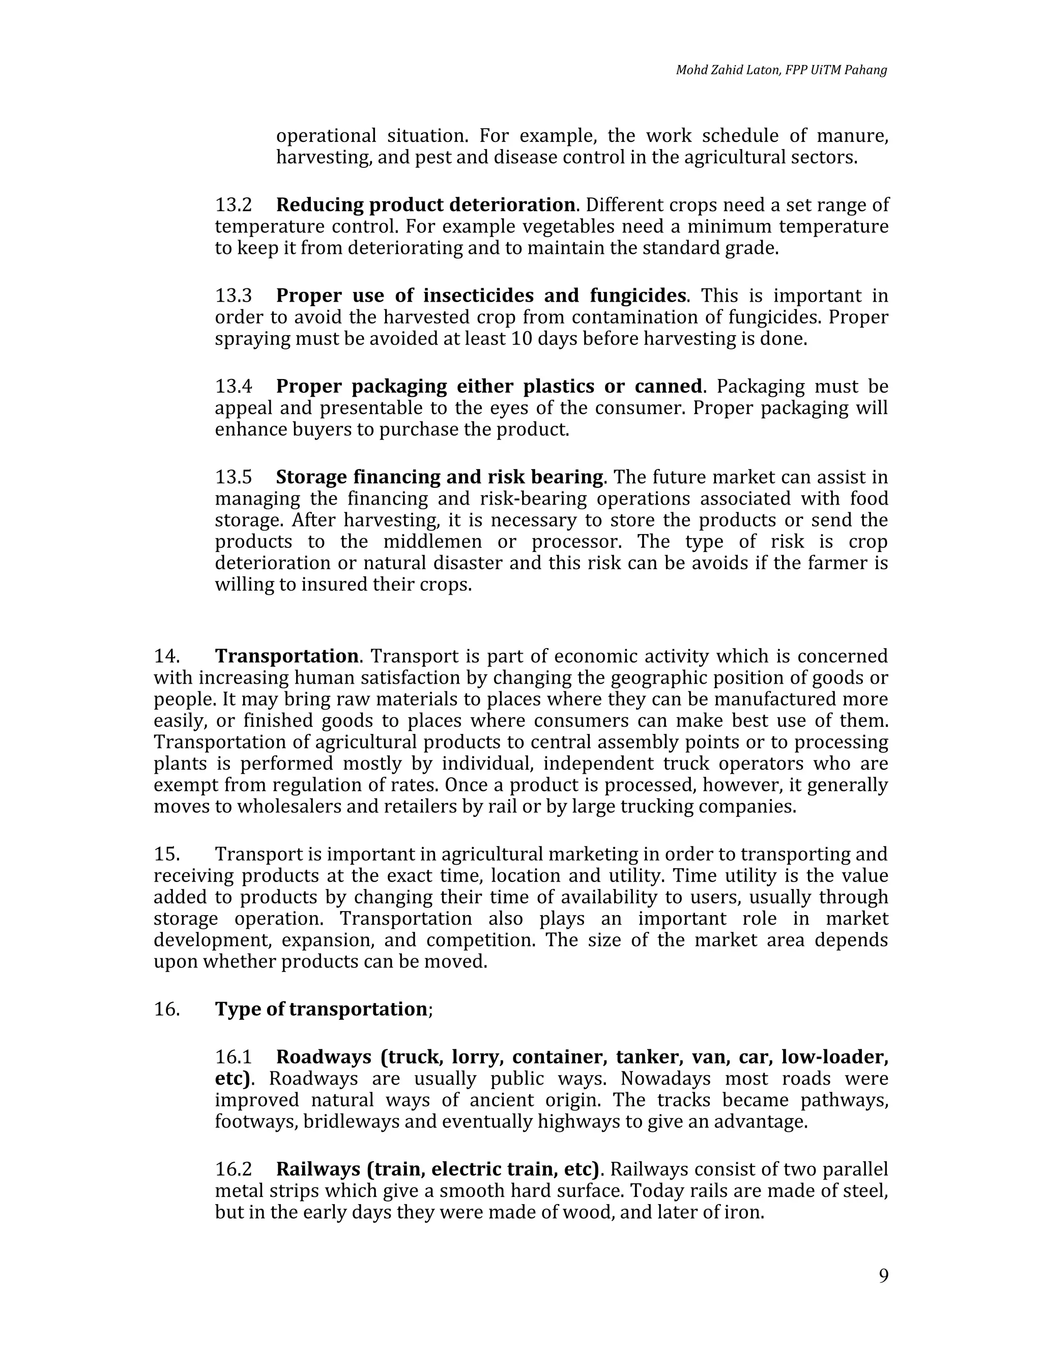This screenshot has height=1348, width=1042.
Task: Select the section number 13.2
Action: click(x=234, y=205)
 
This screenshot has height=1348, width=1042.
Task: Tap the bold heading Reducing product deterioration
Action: click(x=425, y=205)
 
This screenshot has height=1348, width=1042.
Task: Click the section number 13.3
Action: click(x=234, y=296)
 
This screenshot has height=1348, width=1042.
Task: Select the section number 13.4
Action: click(x=234, y=387)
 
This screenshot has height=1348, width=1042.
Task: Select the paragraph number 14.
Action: click(x=166, y=656)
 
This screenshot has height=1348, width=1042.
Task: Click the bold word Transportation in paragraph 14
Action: click(x=286, y=656)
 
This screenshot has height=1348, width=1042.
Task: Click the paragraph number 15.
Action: click(x=166, y=854)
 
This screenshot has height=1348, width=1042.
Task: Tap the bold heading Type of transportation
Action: click(x=321, y=1009)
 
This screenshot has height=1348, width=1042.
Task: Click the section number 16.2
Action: click(x=234, y=1169)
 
